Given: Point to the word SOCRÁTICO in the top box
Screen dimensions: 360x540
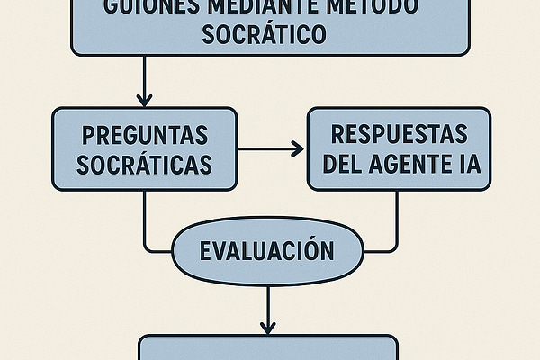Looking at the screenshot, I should pos(270,36).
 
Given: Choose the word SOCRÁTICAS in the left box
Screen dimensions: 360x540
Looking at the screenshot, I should pos(145,165).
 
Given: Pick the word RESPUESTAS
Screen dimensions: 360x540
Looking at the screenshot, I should pos(400,134).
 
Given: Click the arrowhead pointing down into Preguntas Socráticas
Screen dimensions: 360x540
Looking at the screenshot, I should pos(145,100).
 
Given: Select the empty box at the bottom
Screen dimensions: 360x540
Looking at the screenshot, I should pos(267,349).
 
